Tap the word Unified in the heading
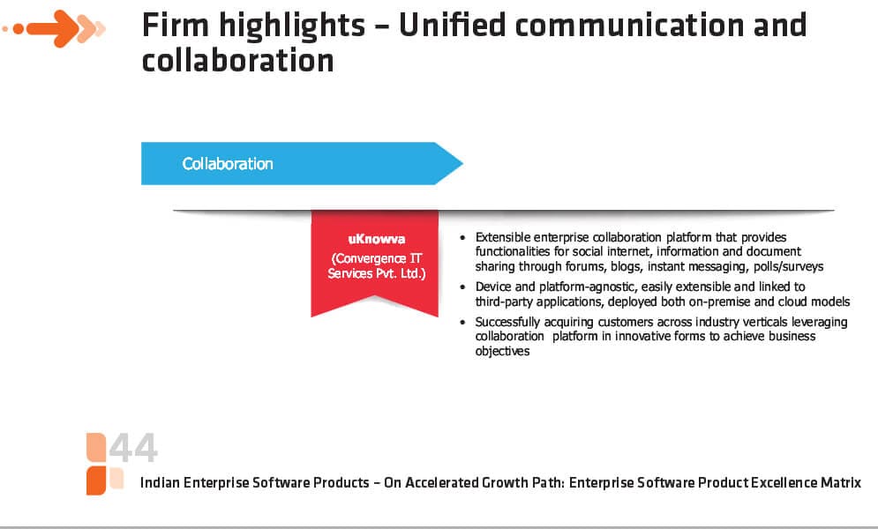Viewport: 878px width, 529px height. (x=451, y=26)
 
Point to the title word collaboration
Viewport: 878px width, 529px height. (x=238, y=60)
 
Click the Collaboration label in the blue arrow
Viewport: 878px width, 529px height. (x=228, y=164)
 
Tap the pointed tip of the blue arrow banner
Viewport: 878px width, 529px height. (x=462, y=163)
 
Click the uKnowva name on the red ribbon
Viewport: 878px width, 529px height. (x=376, y=239)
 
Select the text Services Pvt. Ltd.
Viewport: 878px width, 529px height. (x=376, y=273)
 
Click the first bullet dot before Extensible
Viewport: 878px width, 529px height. (x=462, y=238)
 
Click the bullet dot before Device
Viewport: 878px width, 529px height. (x=462, y=287)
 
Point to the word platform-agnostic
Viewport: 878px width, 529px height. (x=588, y=287)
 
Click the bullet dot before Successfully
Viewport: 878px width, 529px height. (x=462, y=322)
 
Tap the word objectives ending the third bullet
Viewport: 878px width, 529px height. (x=502, y=351)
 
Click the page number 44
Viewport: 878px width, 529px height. (x=133, y=448)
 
